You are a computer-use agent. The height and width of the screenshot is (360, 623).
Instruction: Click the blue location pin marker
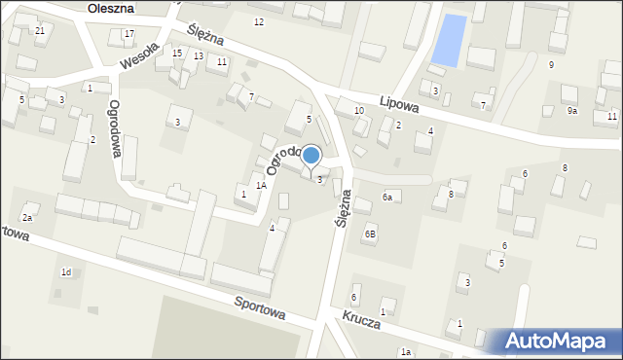311,156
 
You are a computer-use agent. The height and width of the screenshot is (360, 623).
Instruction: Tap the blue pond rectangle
448,40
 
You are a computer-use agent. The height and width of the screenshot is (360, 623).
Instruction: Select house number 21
40,31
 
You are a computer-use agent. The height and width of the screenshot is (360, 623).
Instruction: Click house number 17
129,35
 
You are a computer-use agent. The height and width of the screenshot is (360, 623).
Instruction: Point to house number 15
177,54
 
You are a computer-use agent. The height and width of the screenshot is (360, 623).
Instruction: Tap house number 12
258,21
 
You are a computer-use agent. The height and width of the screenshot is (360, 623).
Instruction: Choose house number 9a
572,111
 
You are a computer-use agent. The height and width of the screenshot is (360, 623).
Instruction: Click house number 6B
370,234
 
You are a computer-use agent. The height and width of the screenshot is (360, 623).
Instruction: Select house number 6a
386,198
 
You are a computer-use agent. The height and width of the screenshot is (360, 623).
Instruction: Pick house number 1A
261,185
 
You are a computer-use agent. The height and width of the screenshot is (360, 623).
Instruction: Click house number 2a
28,218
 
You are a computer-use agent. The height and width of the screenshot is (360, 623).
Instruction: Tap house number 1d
66,271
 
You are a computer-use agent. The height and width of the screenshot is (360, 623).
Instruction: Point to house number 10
359,111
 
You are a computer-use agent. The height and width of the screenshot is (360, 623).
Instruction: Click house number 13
198,56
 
